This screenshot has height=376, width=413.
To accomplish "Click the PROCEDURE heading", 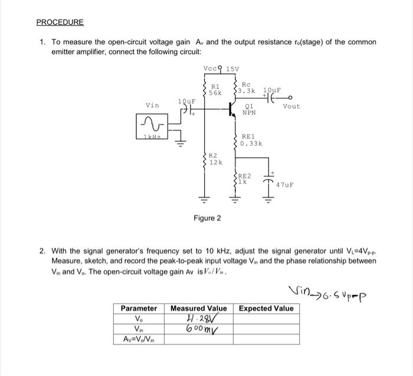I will (60, 22).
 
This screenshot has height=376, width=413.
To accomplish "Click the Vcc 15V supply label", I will (221, 68).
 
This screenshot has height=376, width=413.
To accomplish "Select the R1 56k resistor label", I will (215, 90).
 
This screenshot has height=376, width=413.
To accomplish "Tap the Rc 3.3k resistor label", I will (247, 88).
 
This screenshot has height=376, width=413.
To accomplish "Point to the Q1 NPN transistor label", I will (248, 111).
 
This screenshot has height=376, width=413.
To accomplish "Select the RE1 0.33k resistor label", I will (251, 140).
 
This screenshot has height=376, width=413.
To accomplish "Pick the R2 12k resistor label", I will (215, 159).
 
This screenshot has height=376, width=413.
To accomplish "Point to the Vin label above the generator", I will (152, 105).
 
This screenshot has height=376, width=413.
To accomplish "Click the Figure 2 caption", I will (208, 218).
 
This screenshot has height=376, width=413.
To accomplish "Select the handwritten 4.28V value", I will (197, 319).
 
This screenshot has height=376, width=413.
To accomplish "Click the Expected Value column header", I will (265, 309).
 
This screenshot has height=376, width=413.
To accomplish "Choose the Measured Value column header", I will (199, 309).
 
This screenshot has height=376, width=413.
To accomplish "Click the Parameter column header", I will (139, 309).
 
